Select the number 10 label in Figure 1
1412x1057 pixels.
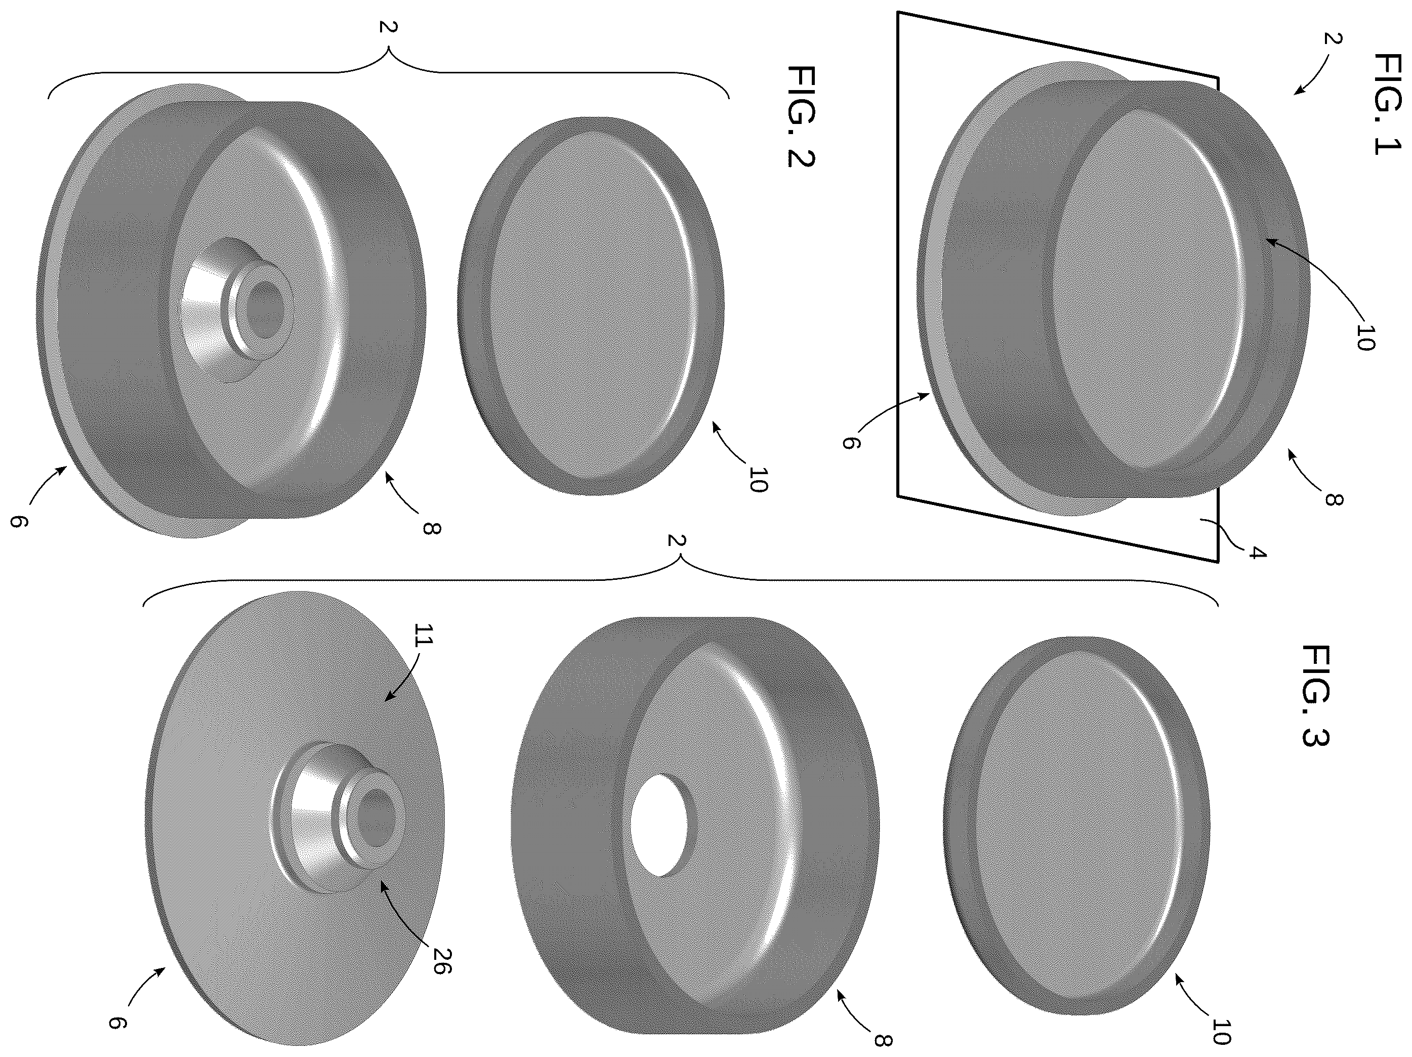click(x=1363, y=337)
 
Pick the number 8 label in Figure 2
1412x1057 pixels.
click(x=433, y=528)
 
